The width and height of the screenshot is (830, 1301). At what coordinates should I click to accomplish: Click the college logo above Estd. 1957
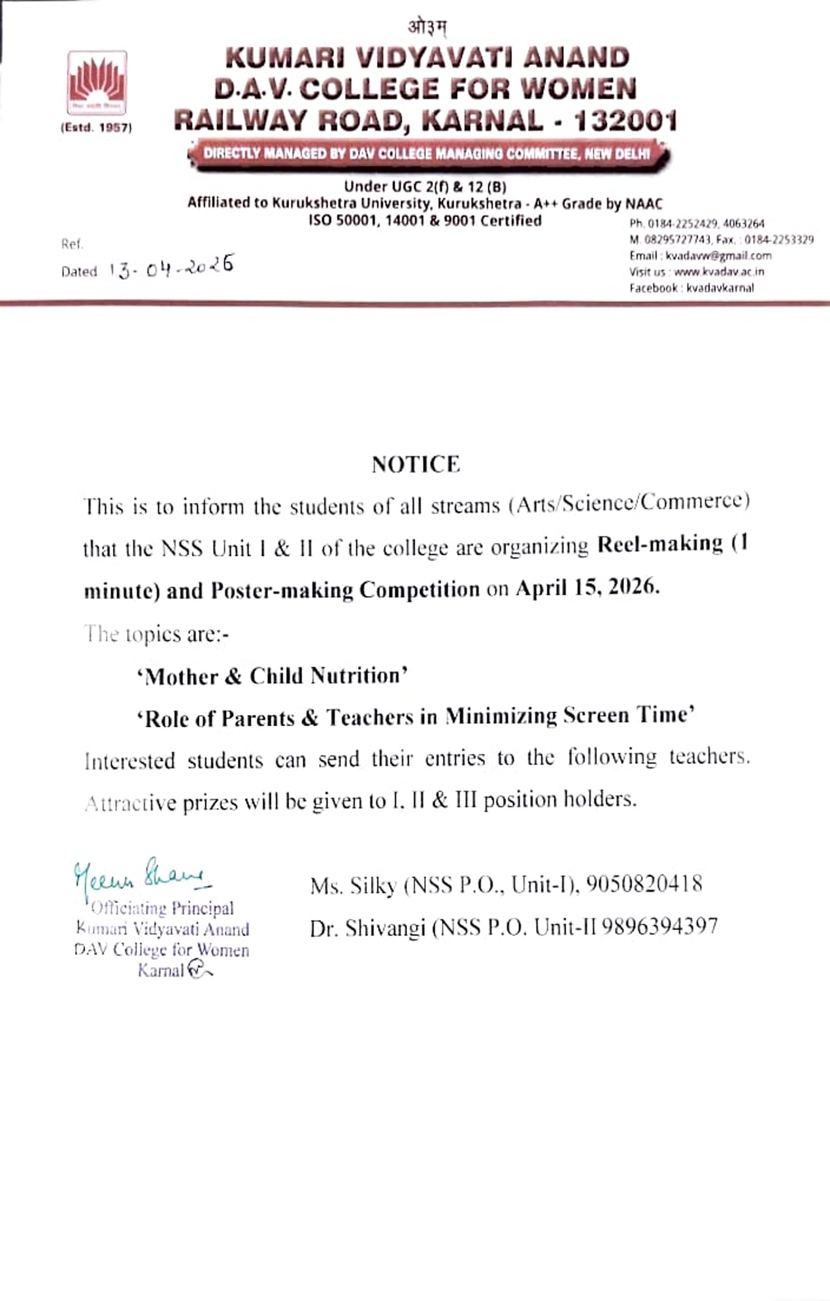[x=97, y=82]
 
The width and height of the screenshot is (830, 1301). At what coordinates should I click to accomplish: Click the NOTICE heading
[x=415, y=464]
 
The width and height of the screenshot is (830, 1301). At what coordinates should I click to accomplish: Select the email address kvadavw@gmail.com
[x=718, y=256]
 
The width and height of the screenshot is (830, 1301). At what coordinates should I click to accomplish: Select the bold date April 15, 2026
[x=587, y=588]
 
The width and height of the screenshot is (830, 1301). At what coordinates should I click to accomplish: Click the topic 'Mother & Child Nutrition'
[x=272, y=676]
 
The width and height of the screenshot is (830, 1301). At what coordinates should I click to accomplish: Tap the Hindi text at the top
[x=427, y=27]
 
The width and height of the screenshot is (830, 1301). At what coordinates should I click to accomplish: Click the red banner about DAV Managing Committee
[x=427, y=154]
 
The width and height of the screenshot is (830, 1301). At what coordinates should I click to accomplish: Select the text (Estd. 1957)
[x=96, y=128]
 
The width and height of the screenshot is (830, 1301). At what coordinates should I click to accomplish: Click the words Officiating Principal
[x=163, y=908]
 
